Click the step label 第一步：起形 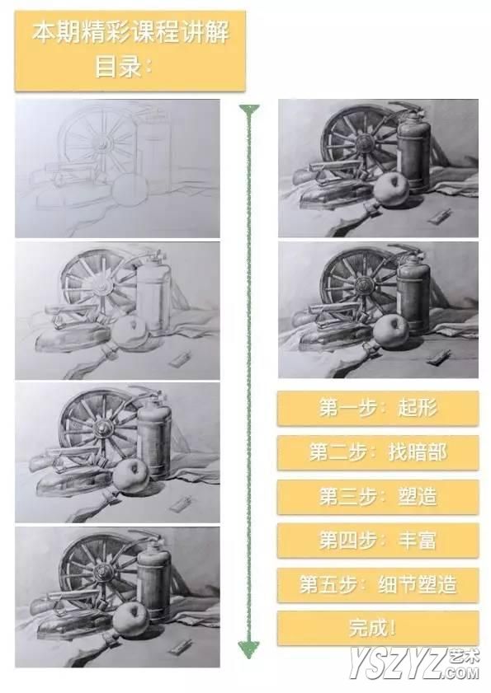click(x=378, y=408)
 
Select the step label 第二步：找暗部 click(x=378, y=452)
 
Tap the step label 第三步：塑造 click(x=378, y=497)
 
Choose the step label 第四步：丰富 click(x=378, y=541)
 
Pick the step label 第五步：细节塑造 click(x=378, y=585)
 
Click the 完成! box click(x=378, y=628)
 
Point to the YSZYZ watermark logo click(x=414, y=663)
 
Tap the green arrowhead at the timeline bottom click(x=249, y=649)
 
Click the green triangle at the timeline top click(x=249, y=110)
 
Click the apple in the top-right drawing click(x=392, y=189)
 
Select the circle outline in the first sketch click(x=129, y=190)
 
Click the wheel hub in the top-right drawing click(x=366, y=143)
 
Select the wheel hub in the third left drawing click(x=103, y=428)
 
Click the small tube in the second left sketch click(x=180, y=358)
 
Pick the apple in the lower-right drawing click(x=390, y=330)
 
